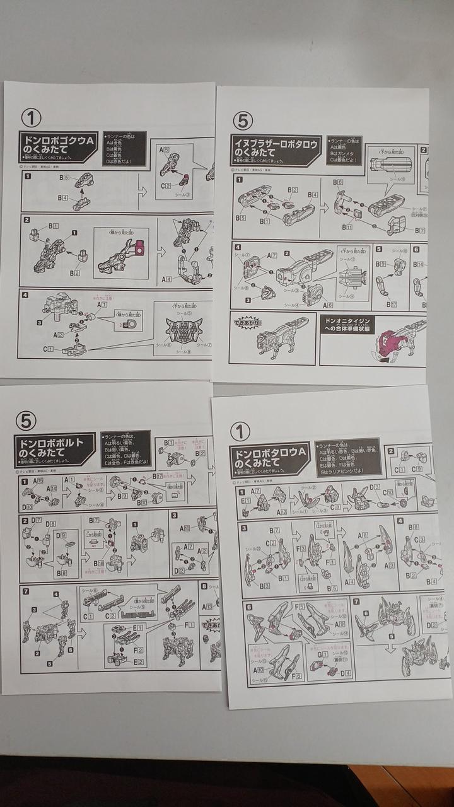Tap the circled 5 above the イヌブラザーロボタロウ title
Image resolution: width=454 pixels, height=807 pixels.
243,120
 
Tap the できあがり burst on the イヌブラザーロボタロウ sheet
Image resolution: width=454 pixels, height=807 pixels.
242,323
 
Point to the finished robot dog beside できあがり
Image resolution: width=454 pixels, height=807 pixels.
277,344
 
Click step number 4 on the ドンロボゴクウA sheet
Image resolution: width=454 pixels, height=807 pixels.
25,294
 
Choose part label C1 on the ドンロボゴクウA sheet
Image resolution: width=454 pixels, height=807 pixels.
48,349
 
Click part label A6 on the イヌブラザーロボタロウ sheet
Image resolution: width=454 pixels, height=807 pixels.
327,305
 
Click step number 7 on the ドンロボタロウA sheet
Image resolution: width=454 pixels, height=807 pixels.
356,601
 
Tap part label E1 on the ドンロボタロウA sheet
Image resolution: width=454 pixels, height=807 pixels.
246,502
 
